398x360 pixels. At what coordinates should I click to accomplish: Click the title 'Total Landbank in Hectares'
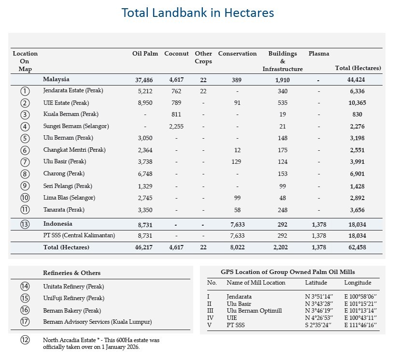pos(198,13)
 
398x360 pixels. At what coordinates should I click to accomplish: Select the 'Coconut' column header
pos(176,54)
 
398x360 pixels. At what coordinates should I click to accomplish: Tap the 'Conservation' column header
pos(237,54)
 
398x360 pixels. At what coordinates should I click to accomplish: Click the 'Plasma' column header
pos(318,54)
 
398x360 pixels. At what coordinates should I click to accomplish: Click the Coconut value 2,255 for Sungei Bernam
pos(176,127)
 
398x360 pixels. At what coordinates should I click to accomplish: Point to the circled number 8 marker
pos(25,174)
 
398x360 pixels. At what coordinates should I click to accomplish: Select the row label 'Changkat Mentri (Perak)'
pos(74,150)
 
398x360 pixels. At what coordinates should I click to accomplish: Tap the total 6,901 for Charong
pos(358,174)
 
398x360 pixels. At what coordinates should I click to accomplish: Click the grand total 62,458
pos(358,247)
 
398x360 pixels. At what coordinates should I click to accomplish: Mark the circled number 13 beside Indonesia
pos(25,225)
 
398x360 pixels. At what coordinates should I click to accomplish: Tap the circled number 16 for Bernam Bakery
pos(25,311)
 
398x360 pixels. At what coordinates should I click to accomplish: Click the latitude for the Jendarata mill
pos(318,296)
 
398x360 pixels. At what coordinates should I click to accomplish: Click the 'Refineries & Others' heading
pos(72,274)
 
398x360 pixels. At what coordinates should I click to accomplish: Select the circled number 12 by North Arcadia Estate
pos(25,340)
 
